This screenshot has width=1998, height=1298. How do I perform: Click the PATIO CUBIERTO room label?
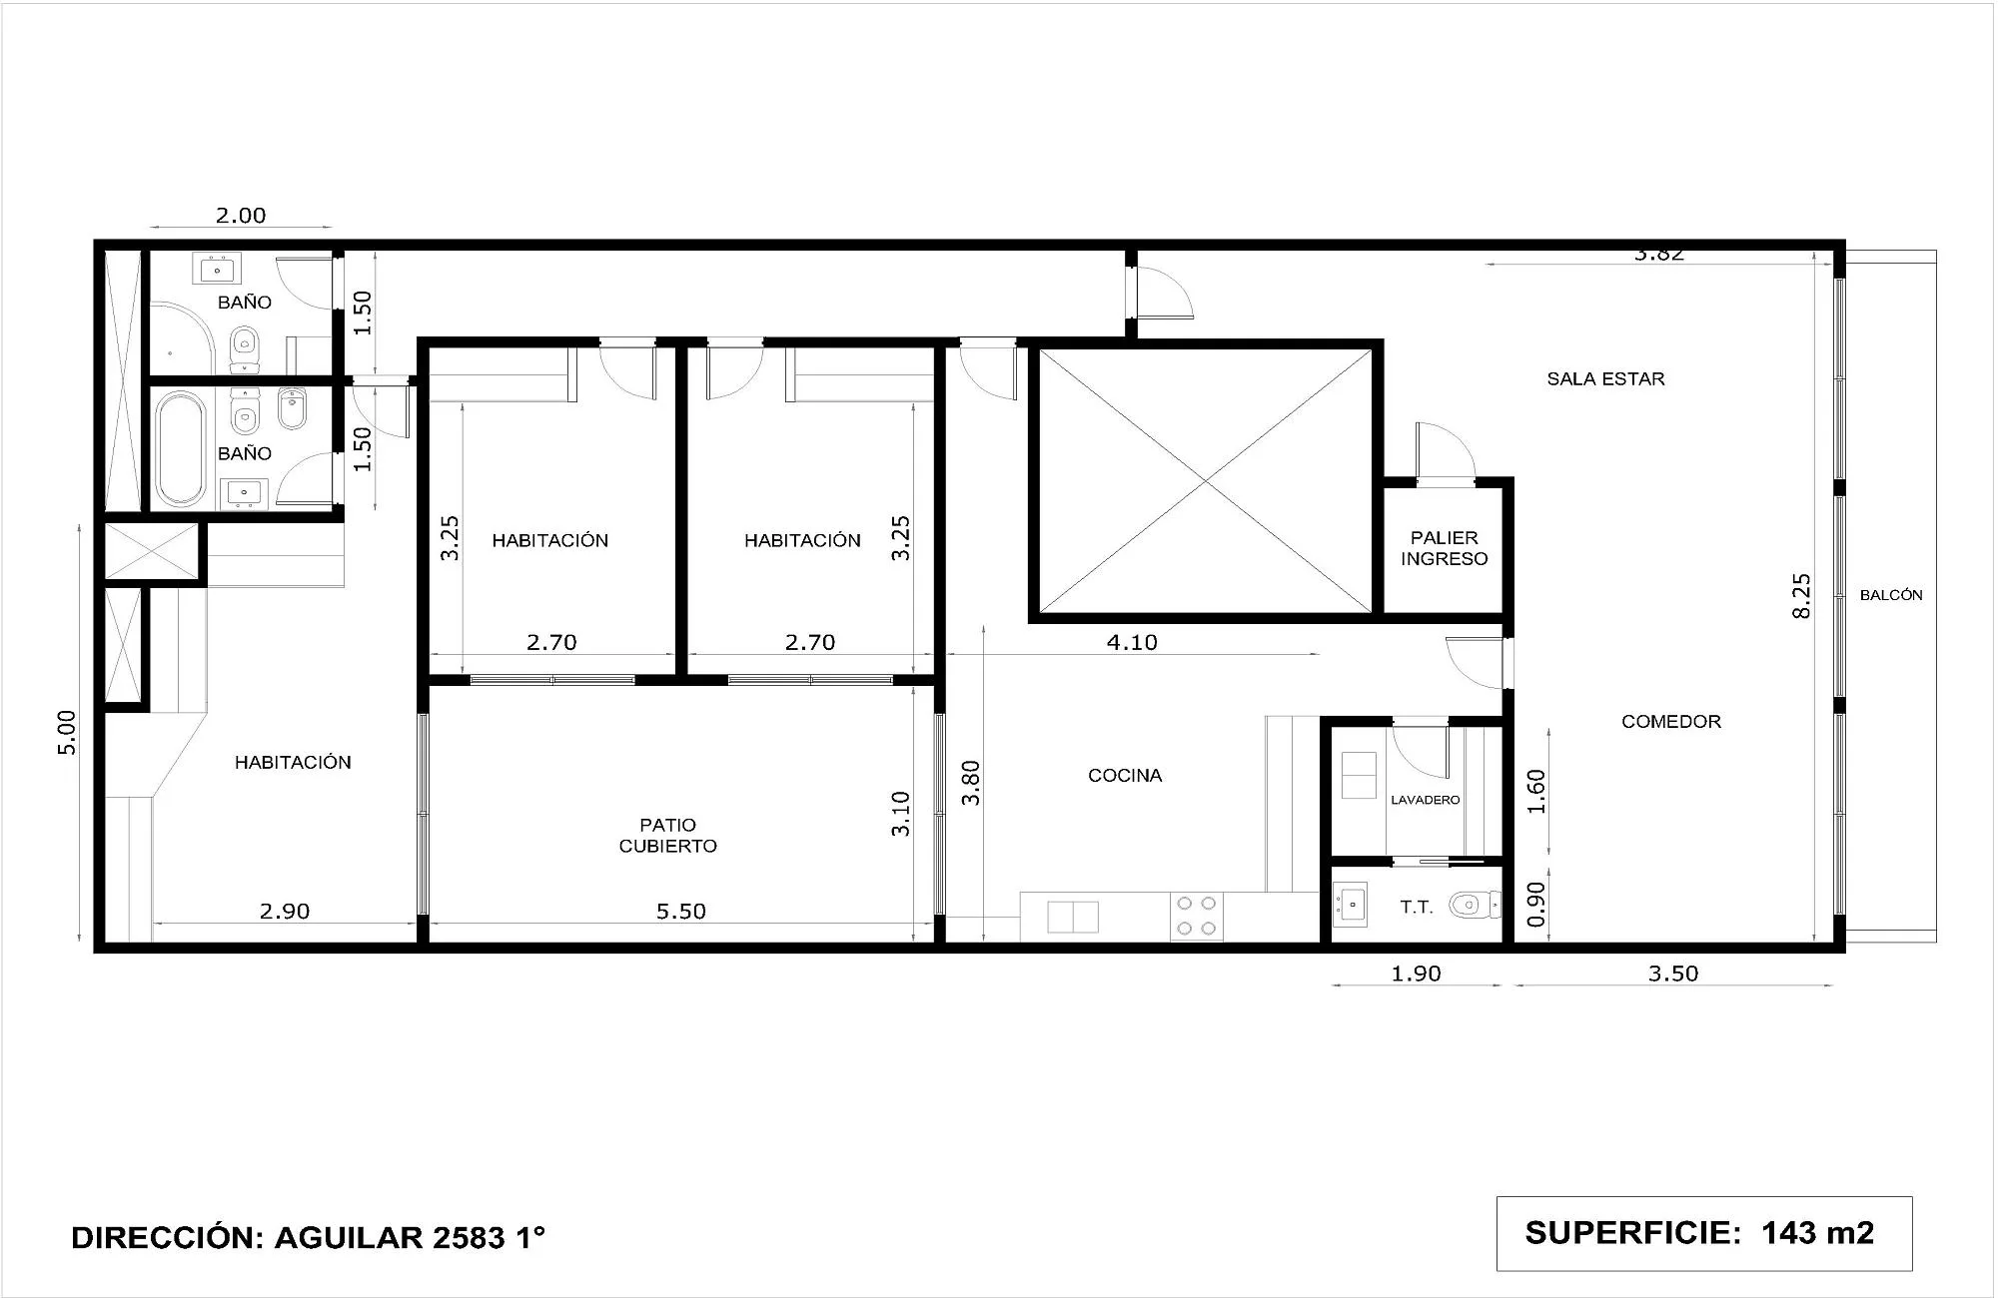click(x=667, y=836)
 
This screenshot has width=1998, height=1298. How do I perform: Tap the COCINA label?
click(x=1125, y=775)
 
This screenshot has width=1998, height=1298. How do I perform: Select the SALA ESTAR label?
click(x=1605, y=378)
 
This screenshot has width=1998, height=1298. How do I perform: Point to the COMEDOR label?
click(x=1670, y=721)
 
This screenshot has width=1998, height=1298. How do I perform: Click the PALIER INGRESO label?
click(x=1444, y=548)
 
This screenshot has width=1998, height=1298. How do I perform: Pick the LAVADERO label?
click(x=1425, y=800)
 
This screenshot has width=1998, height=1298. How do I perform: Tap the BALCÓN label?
click(x=1890, y=595)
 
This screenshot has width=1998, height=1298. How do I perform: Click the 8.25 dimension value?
click(x=1801, y=596)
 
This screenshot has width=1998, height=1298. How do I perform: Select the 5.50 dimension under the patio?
click(x=680, y=911)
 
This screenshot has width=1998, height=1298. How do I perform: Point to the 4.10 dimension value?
click(x=1131, y=642)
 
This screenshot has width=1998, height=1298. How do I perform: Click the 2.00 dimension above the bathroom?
click(x=241, y=215)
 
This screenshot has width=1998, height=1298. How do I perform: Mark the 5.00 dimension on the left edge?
click(x=66, y=732)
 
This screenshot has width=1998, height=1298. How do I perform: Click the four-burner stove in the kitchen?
click(x=1196, y=916)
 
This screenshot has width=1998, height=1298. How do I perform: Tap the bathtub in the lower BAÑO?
click(x=180, y=448)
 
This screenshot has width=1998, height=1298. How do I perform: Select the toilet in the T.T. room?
click(x=1473, y=906)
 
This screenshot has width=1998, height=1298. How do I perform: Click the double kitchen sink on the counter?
click(x=1072, y=916)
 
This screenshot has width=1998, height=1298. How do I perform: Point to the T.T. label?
click(x=1416, y=908)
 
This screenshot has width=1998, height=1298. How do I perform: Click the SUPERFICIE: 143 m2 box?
click(x=1703, y=1233)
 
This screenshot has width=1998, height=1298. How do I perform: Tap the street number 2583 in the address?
click(x=469, y=1237)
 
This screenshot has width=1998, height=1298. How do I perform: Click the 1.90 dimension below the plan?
click(x=1416, y=973)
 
